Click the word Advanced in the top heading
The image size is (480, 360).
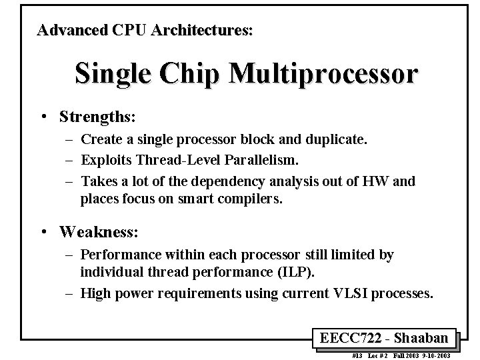69,30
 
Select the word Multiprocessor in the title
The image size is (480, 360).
323,74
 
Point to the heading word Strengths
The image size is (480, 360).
97,117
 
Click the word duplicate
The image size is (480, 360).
339,139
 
